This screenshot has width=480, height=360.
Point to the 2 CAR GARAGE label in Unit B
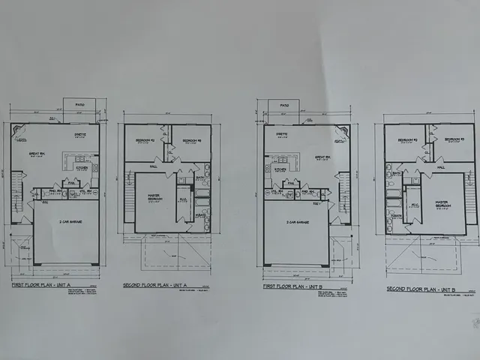click(297, 222)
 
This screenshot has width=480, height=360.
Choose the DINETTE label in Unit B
click(281, 134)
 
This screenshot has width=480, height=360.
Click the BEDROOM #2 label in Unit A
click(145, 140)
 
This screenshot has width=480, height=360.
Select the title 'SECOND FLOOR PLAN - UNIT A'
click(155, 286)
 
